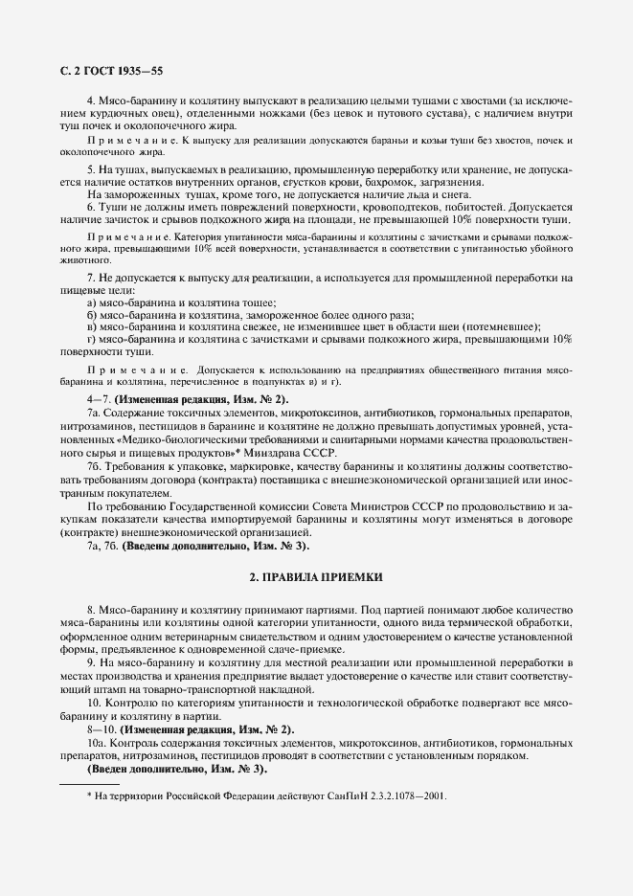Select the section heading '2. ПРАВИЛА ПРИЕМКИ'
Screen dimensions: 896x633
(316, 577)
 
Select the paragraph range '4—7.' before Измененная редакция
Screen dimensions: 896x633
(99, 399)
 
